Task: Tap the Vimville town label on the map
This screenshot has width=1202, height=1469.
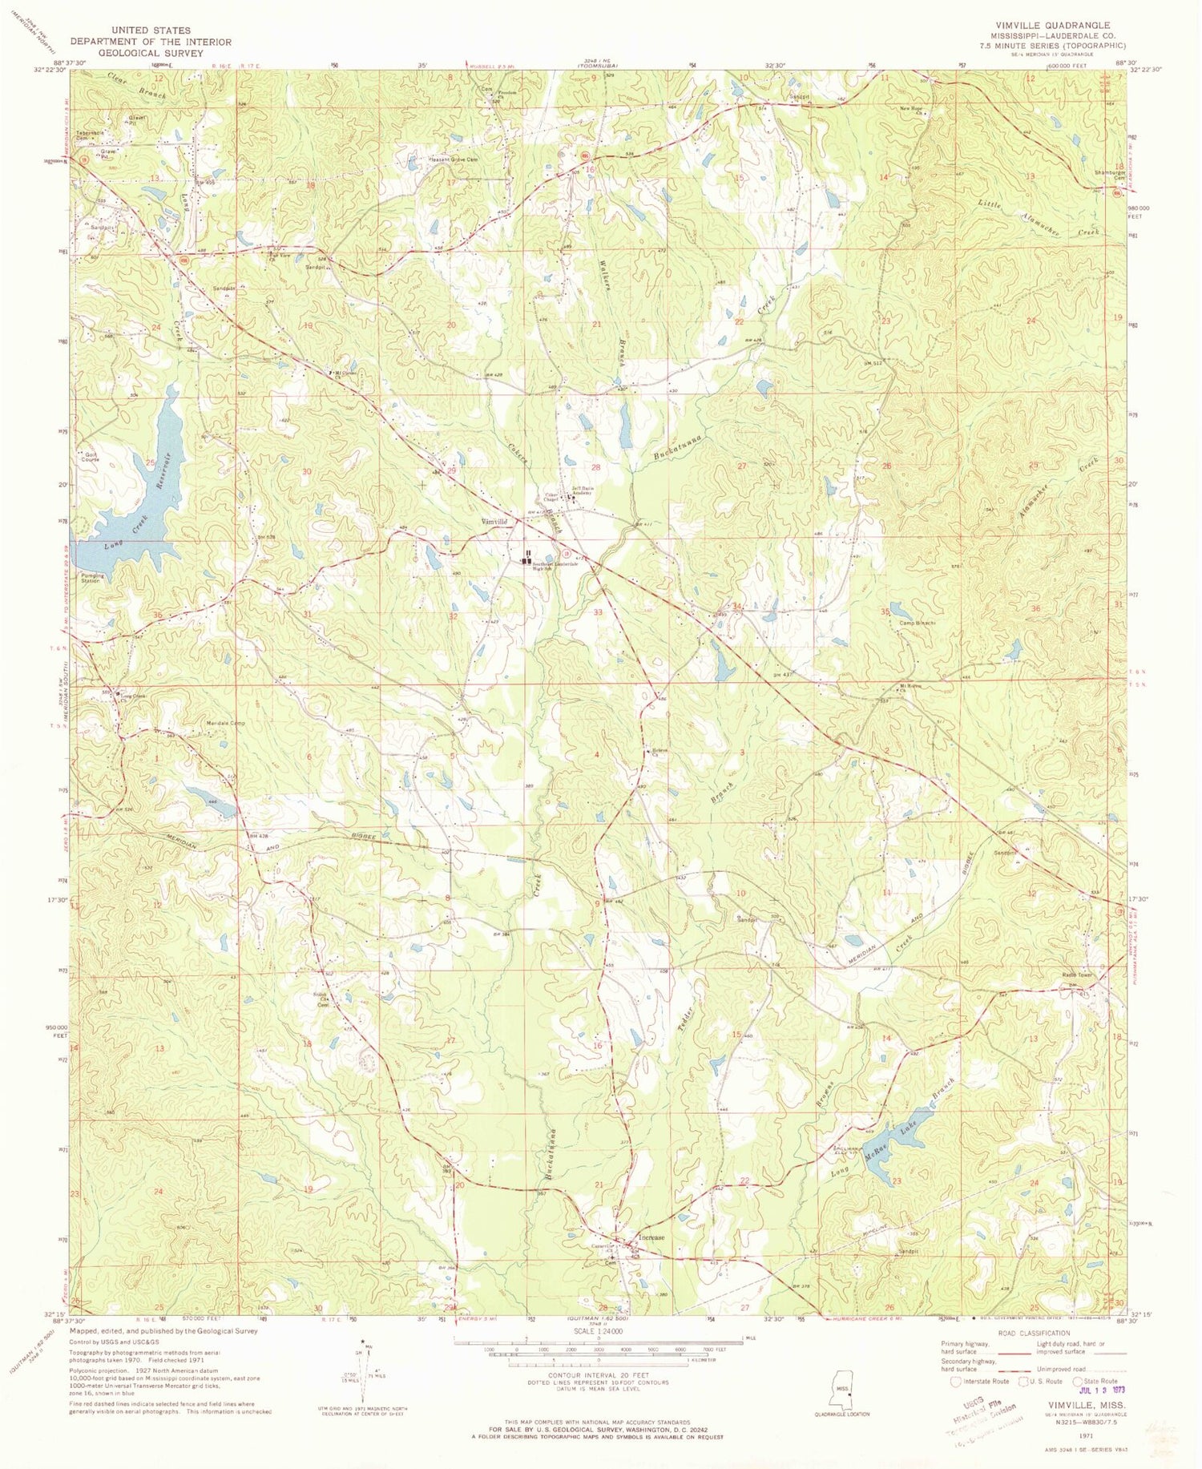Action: [494, 522]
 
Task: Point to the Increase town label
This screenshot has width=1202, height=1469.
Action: [651, 1237]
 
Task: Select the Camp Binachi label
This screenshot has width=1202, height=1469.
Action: [918, 623]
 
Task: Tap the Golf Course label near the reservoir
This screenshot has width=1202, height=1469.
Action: [91, 458]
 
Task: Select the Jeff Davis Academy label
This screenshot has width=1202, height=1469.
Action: [581, 490]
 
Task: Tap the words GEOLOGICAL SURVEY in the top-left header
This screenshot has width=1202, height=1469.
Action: [151, 53]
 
